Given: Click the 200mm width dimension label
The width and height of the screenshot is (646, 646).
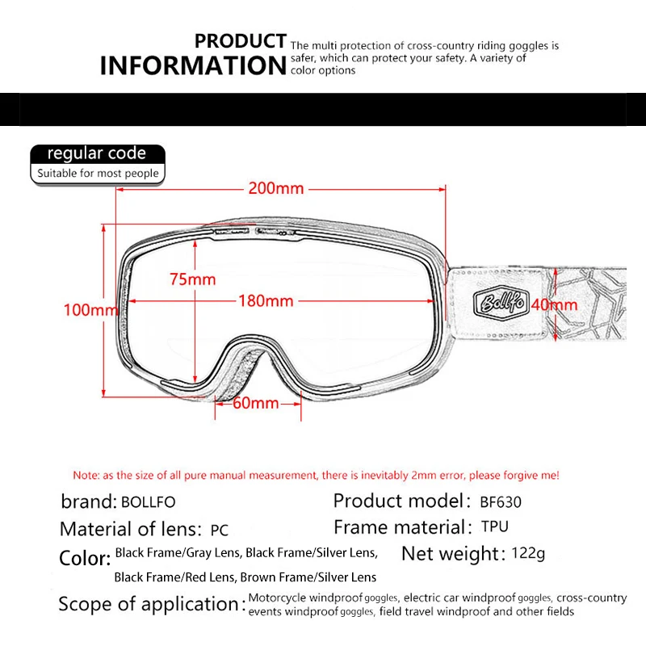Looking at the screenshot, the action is tap(276, 189).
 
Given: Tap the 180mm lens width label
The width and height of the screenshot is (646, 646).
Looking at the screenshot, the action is tap(265, 301).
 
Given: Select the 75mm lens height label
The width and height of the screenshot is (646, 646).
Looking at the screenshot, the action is tap(193, 279).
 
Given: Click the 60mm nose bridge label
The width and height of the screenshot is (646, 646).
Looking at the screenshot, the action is tap(255, 403).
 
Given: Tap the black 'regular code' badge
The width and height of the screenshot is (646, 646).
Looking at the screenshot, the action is tap(97, 153).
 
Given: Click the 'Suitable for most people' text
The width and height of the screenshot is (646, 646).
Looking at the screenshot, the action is tap(98, 174).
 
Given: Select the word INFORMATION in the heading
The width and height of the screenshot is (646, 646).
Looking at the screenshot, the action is tap(192, 65).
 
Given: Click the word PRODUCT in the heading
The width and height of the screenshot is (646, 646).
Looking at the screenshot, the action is tap(241, 41).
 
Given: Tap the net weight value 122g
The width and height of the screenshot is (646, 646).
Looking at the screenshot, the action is tap(529, 554).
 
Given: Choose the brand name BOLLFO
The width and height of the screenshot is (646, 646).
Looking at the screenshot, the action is tap(148, 501).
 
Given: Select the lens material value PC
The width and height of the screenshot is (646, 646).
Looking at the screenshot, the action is tap(219, 531).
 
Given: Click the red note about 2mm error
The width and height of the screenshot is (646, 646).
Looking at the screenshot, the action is tap(316, 475).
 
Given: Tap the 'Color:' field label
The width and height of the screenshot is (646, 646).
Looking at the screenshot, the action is tap(85, 558).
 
